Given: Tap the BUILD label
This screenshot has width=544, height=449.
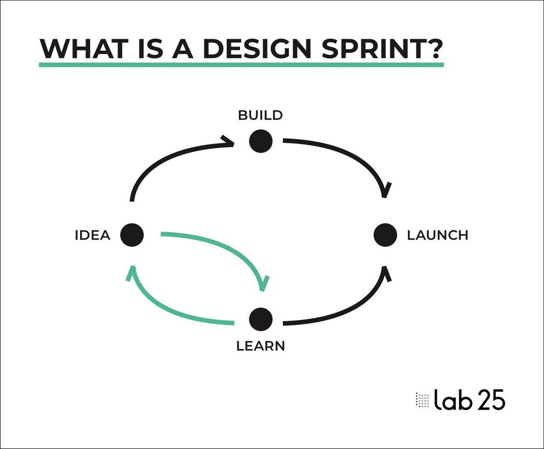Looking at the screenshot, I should pyautogui.click(x=260, y=115).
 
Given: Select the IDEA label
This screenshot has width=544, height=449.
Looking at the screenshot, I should pyautogui.click(x=92, y=235).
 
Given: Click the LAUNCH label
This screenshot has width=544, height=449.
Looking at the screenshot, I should pyautogui.click(x=437, y=235).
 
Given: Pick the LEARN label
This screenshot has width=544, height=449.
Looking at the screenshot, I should pyautogui.click(x=261, y=347).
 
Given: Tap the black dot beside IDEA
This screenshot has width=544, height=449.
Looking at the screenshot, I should pyautogui.click(x=132, y=235).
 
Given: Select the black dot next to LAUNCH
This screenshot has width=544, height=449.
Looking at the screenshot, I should pyautogui.click(x=385, y=235).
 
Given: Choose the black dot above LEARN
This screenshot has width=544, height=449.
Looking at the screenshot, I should pyautogui.click(x=261, y=319).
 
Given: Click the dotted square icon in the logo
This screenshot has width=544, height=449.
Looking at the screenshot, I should pyautogui.click(x=422, y=401).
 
